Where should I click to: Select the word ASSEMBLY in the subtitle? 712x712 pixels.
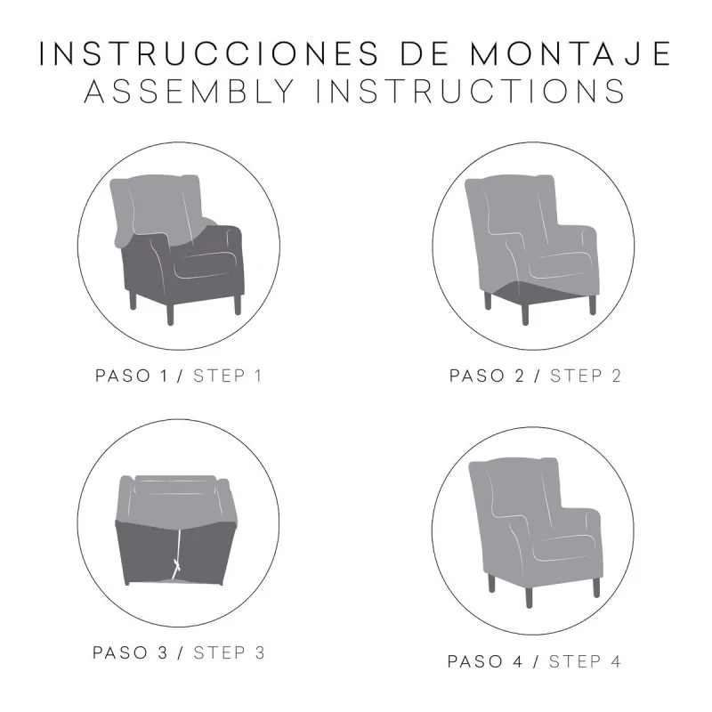[188, 92]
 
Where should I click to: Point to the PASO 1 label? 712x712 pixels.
[133, 376]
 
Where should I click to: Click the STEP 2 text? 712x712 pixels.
[585, 376]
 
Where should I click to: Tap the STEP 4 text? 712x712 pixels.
[585, 661]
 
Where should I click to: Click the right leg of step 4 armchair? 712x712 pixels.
[595, 587]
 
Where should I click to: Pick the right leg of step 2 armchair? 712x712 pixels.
[591, 303]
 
